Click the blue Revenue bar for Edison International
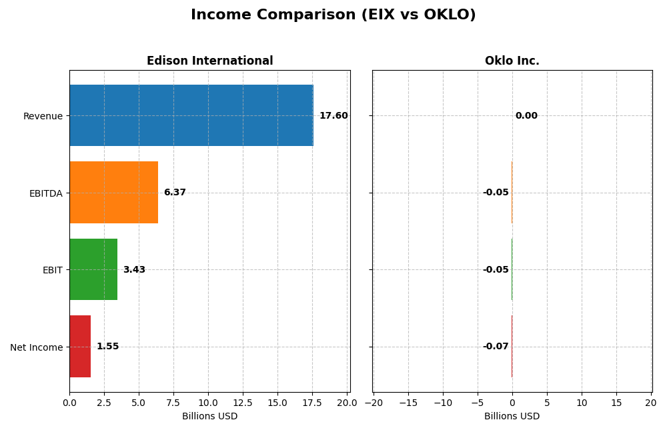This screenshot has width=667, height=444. (191, 115)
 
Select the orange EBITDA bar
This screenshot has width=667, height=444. (113, 192)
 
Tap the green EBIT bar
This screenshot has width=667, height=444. (93, 269)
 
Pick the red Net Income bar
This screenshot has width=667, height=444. (80, 346)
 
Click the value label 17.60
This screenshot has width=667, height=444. (333, 116)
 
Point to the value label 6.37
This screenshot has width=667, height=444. (175, 193)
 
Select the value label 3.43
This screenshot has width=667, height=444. (134, 270)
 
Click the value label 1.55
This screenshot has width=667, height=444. (107, 347)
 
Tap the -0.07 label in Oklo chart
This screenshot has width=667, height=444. (496, 347)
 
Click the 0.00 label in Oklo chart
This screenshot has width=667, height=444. (526, 116)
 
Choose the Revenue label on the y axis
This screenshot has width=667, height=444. (43, 117)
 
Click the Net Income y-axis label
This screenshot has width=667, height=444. (36, 347)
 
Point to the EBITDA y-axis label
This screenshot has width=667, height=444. (45, 193)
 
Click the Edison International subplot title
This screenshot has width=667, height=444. (209, 61)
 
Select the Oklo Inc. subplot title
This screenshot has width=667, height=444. (512, 61)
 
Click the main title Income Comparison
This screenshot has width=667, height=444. (333, 15)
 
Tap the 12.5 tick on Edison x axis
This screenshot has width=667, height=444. (243, 403)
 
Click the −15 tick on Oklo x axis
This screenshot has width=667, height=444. (408, 403)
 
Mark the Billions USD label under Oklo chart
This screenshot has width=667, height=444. (512, 417)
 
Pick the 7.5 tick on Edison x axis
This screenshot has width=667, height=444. (173, 403)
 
